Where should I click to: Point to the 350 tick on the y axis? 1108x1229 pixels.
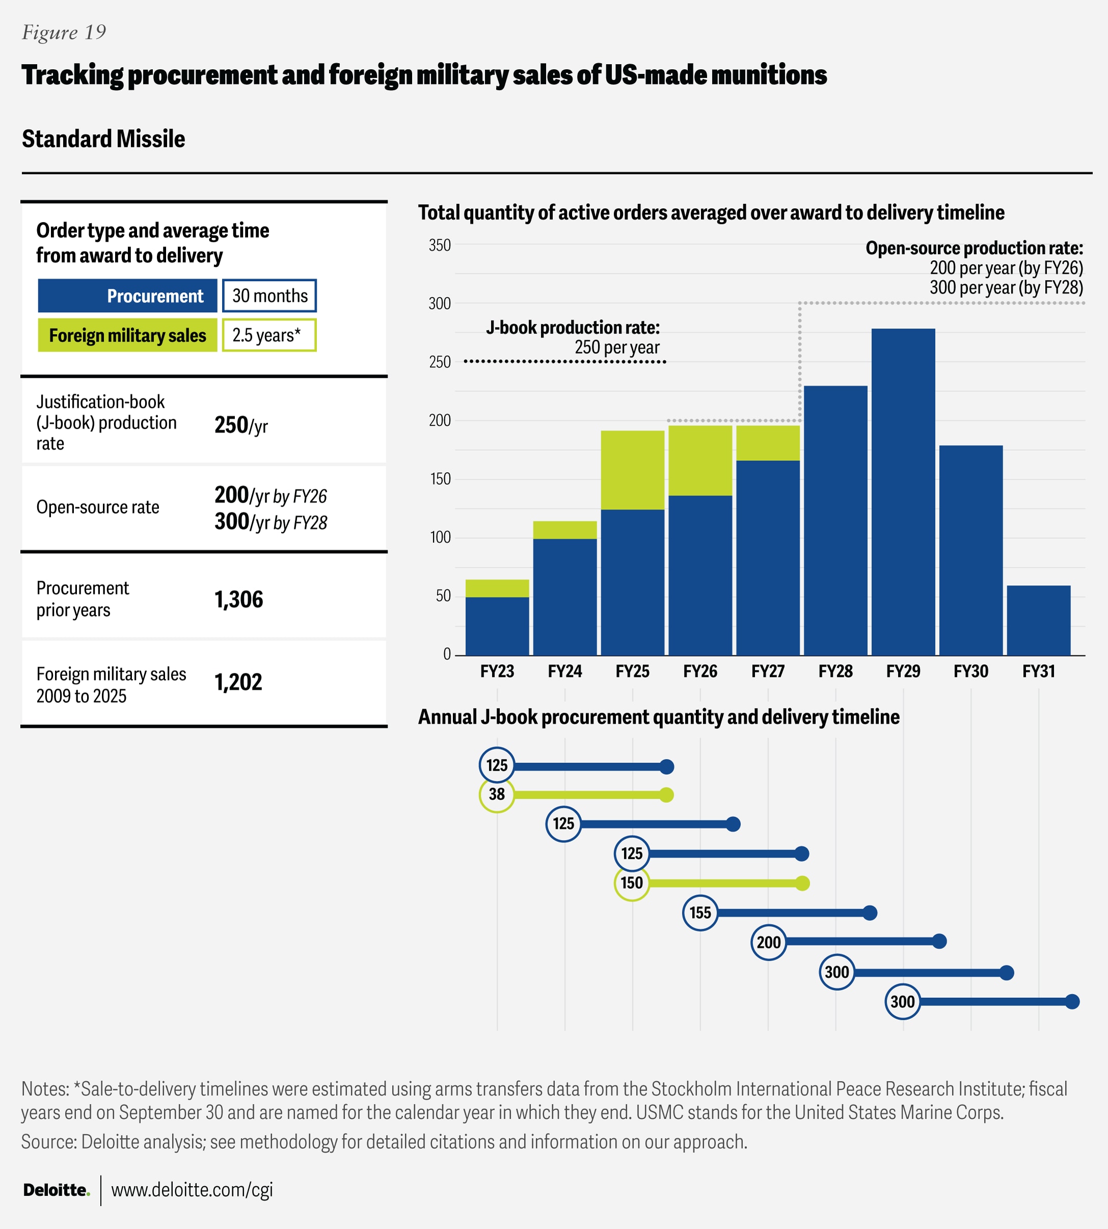440,245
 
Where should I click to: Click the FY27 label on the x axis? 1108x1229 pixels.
768,671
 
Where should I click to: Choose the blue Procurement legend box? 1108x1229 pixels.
127,296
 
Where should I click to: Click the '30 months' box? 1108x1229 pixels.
269,296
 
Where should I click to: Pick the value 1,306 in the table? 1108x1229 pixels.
238,599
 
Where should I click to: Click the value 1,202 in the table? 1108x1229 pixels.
238,682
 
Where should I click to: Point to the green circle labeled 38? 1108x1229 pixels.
497,795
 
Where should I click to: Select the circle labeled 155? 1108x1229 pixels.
700,913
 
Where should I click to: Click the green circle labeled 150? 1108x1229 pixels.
632,883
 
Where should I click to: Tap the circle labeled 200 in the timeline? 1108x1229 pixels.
768,942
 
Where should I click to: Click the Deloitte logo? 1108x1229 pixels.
56,1190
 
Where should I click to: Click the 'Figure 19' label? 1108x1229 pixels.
64,32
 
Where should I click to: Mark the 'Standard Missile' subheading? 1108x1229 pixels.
103,139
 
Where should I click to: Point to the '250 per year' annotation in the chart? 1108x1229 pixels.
617,347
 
